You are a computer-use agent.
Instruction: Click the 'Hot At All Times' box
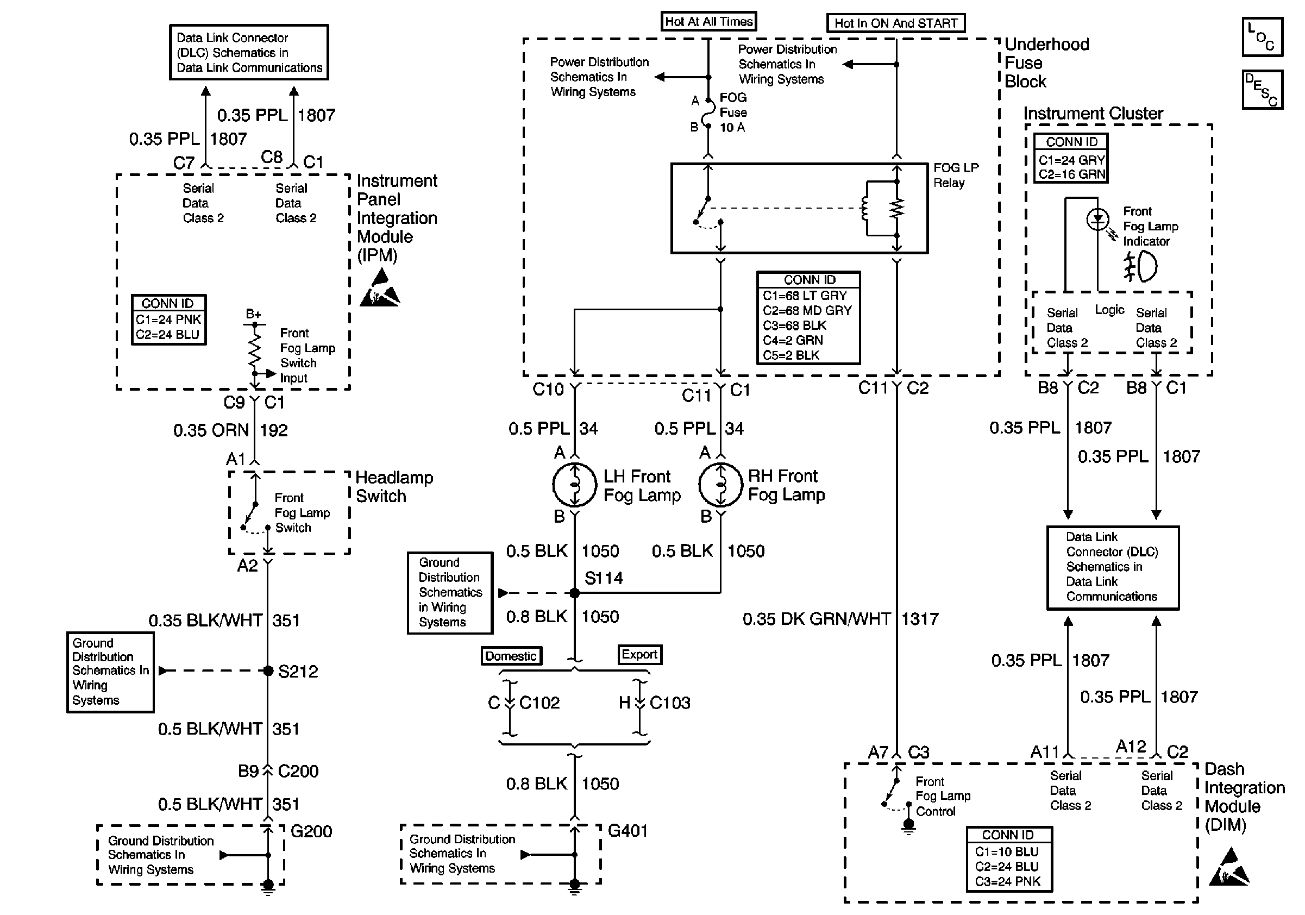pyautogui.click(x=708, y=22)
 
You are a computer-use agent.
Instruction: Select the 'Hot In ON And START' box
pyautogui.click(x=895, y=23)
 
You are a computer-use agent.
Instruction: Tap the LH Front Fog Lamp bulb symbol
pyautogui.click(x=575, y=485)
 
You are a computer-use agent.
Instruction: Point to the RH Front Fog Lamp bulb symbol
pyautogui.click(x=721, y=485)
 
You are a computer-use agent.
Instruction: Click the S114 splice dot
pyautogui.click(x=575, y=593)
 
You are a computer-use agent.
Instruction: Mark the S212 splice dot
pyautogui.click(x=268, y=670)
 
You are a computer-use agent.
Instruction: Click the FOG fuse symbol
pyautogui.click(x=708, y=113)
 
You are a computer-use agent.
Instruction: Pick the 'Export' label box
pyautogui.click(x=639, y=654)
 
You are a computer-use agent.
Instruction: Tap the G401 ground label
pyautogui.click(x=628, y=831)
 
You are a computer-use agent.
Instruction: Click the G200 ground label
pyautogui.click(x=311, y=831)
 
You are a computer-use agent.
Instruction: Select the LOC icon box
pyautogui.click(x=1262, y=37)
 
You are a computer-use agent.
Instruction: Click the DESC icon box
pyautogui.click(x=1262, y=89)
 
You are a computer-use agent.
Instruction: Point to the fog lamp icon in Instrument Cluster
pyautogui.click(x=1140, y=267)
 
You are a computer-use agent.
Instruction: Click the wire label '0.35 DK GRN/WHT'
pyautogui.click(x=816, y=619)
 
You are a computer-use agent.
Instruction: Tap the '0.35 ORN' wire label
pyautogui.click(x=211, y=430)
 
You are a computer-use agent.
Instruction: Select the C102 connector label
pyautogui.click(x=539, y=703)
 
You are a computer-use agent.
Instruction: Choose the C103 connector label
pyautogui.click(x=669, y=703)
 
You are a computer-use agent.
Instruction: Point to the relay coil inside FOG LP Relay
pyautogui.click(x=865, y=208)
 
